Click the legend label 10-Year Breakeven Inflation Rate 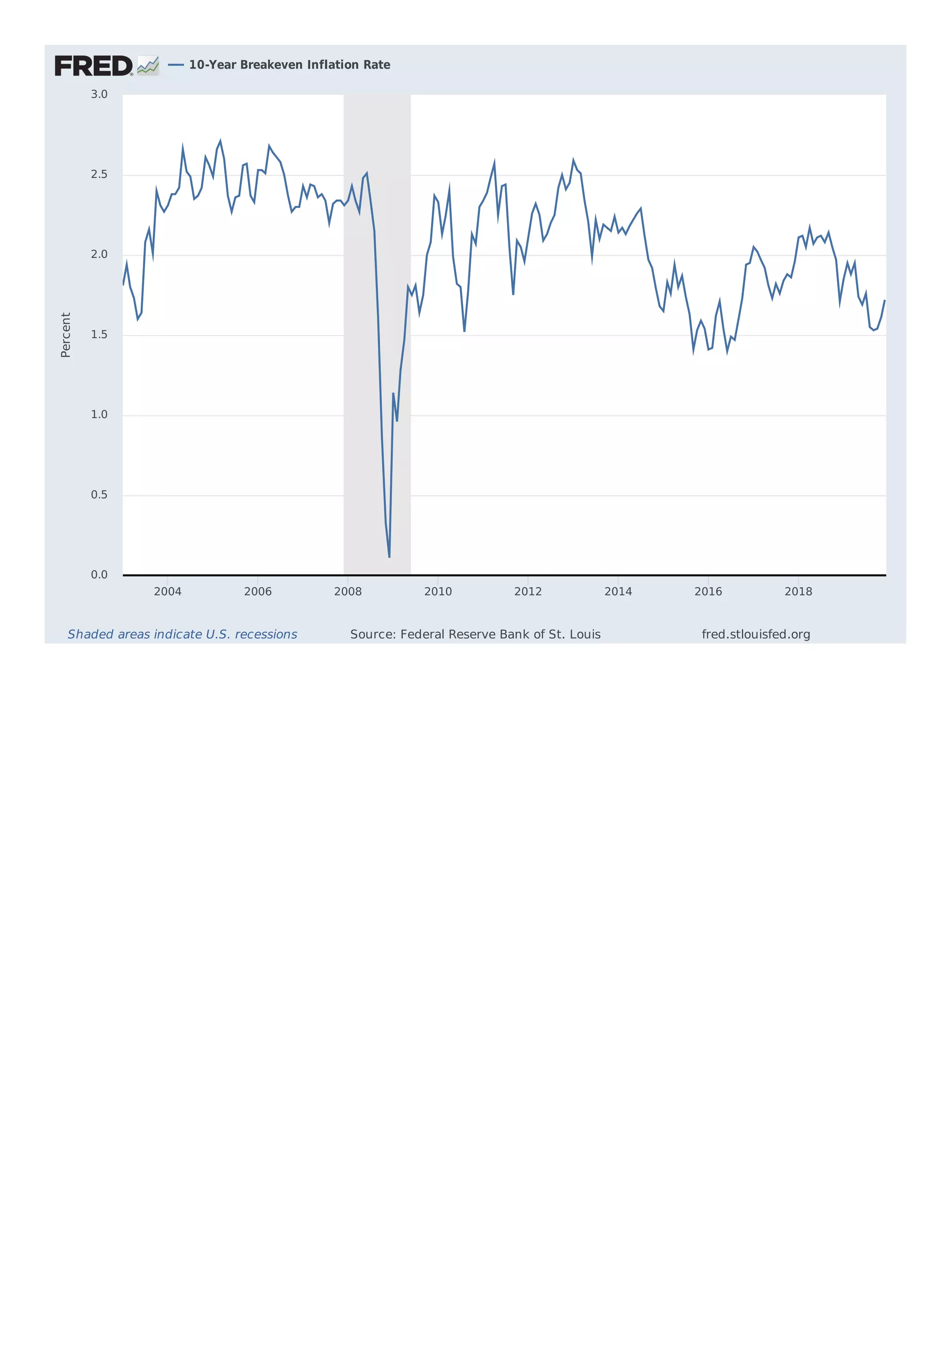tap(289, 65)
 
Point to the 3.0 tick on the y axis tap(99, 94)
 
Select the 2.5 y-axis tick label tap(99, 175)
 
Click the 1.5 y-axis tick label tap(99, 335)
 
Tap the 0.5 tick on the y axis tap(99, 495)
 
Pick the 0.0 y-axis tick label tap(99, 575)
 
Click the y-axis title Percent tap(65, 335)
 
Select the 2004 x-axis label tap(168, 592)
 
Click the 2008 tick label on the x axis tap(348, 592)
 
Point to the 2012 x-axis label tap(528, 592)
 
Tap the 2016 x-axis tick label tap(709, 592)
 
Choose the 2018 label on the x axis tap(798, 592)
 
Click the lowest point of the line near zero tap(389, 556)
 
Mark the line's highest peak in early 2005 tap(220, 141)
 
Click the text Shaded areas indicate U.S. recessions tap(182, 634)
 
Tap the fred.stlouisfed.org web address tap(756, 634)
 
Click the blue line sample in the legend tap(176, 65)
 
